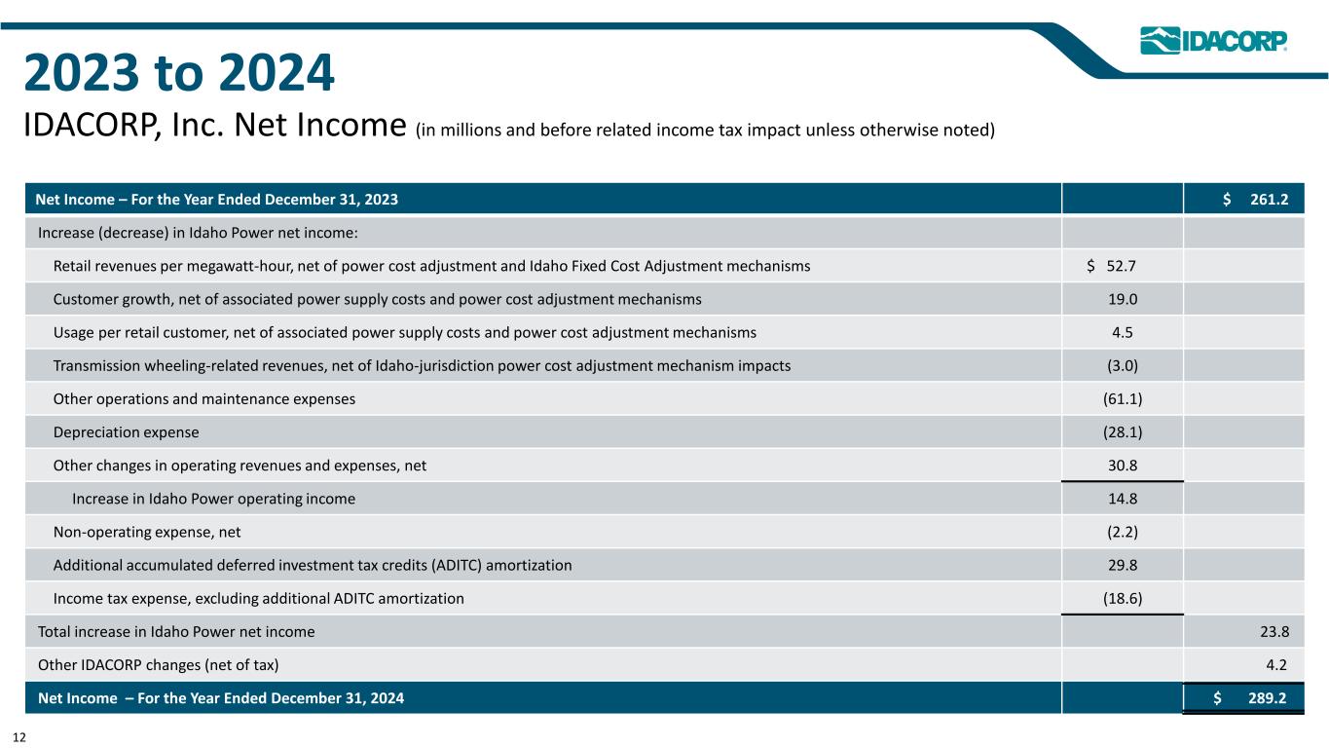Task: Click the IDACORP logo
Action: coord(1214,41)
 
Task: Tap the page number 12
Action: coord(19,738)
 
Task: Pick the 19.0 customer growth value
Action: coord(1122,299)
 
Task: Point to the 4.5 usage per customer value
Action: coord(1122,332)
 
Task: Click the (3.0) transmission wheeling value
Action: coord(1122,365)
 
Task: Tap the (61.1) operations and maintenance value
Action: coord(1122,398)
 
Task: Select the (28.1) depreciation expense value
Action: coord(1122,431)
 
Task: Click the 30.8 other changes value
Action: coord(1122,466)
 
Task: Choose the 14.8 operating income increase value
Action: coord(1122,499)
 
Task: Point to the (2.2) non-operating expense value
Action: coord(1122,532)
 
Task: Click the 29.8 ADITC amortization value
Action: coord(1122,565)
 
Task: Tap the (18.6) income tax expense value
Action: coord(1122,598)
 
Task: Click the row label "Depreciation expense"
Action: coord(126,431)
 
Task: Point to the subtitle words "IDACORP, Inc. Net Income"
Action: coord(214,126)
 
